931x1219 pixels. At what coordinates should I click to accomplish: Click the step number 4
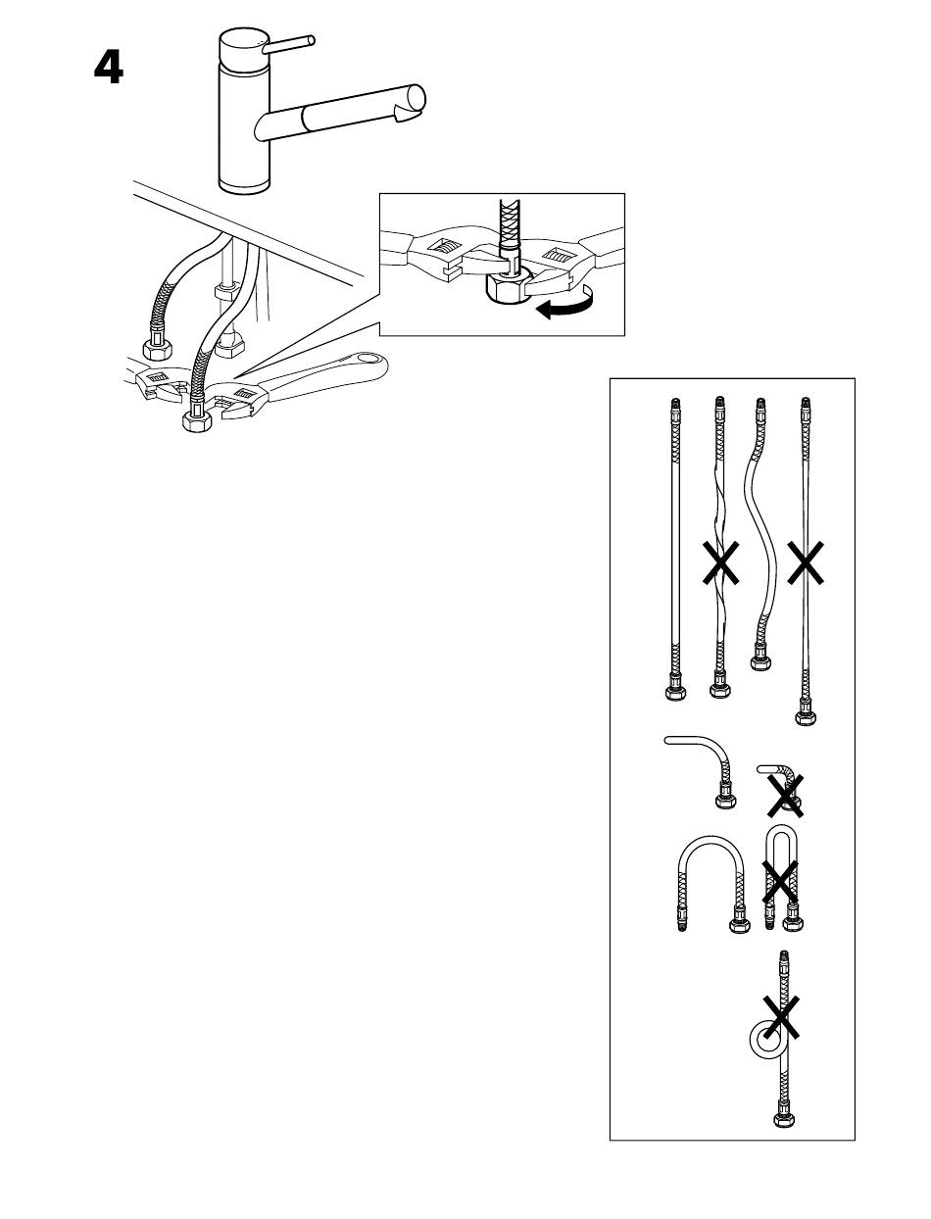pos(108,68)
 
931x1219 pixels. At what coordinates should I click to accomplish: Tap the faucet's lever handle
pos(289,44)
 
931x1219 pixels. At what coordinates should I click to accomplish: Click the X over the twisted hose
pos(720,562)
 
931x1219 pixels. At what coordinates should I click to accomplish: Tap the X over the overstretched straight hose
pos(806,562)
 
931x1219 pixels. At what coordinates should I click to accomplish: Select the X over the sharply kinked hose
pos(786,797)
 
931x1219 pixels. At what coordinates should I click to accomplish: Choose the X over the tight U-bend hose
pos(780,881)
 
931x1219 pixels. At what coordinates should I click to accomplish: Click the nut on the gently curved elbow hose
pos(725,801)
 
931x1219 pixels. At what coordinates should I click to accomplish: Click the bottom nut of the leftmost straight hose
pos(675,692)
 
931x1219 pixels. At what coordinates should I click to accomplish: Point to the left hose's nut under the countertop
pos(158,349)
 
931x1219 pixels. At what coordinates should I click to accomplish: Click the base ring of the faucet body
pos(244,186)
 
